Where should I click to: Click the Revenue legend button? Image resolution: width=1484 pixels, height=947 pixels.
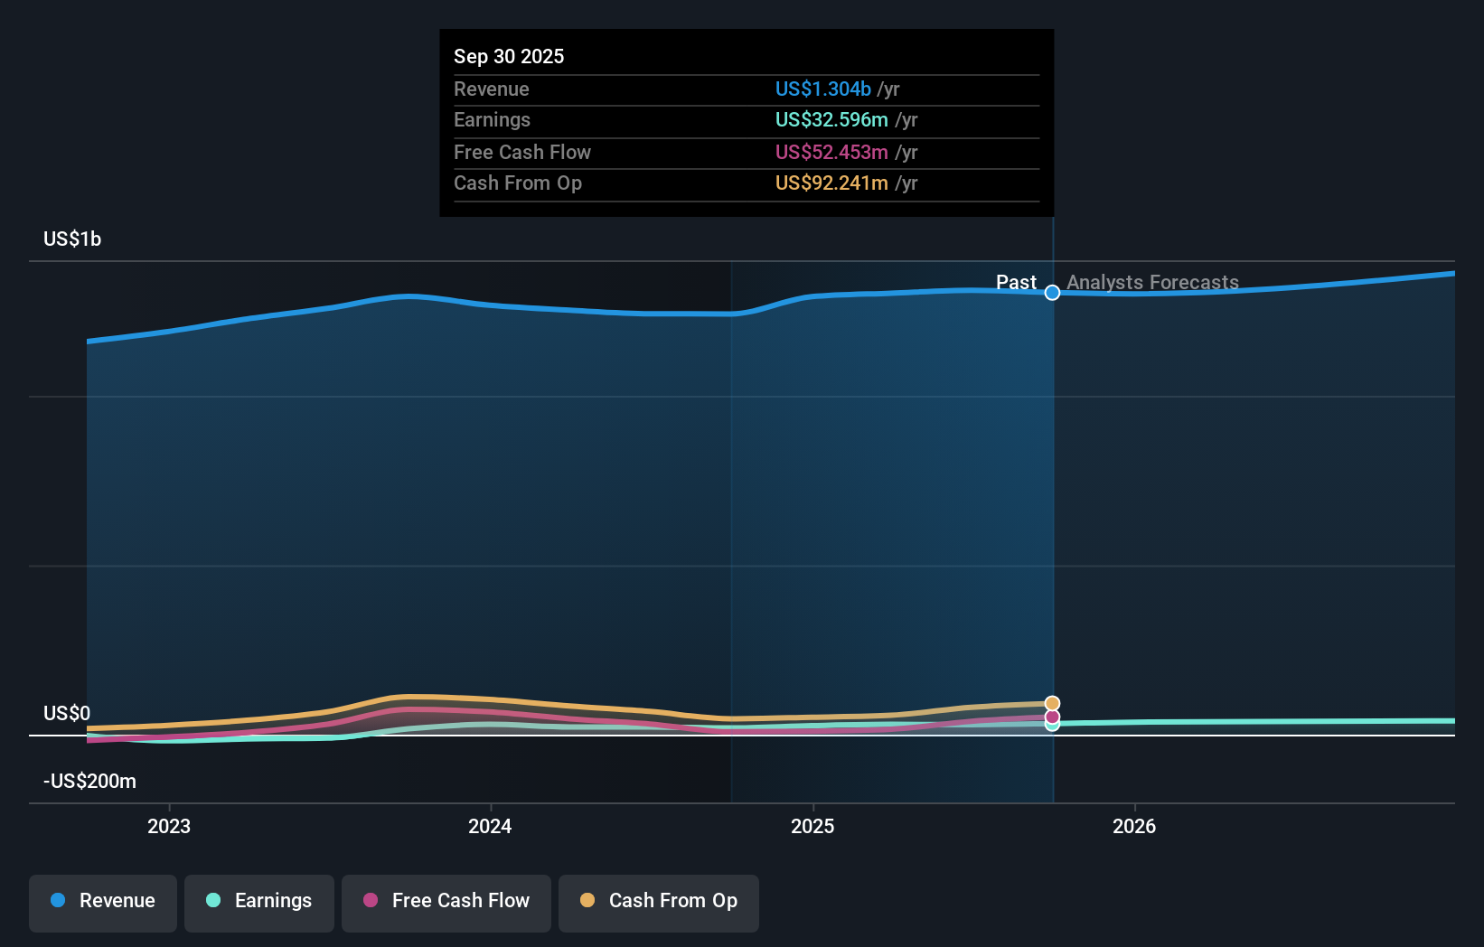coord(103,901)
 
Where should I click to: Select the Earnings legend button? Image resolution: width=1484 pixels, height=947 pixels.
coord(259,901)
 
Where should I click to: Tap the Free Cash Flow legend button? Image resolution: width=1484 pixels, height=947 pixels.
coord(446,901)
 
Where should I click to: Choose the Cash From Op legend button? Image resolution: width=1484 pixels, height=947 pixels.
coord(659,901)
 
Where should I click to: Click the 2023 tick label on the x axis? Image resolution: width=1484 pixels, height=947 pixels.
coord(169,826)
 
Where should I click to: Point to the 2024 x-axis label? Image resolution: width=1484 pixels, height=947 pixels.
coord(490,826)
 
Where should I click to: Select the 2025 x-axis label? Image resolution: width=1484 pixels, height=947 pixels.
coord(812,826)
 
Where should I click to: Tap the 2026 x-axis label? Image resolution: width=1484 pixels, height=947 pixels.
coord(1134,826)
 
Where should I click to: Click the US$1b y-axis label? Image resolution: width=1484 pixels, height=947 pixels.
coord(72,239)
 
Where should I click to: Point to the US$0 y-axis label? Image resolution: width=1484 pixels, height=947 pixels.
coord(67,713)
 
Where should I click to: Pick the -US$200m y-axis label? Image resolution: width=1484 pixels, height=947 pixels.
coord(89,781)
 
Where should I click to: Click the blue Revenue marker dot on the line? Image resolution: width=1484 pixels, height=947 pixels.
coord(1052,293)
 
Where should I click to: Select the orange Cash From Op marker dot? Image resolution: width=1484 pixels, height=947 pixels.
coord(1052,703)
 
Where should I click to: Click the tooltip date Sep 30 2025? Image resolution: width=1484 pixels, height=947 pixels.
coord(509,56)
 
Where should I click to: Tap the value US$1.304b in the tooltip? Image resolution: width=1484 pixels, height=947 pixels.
coord(822,89)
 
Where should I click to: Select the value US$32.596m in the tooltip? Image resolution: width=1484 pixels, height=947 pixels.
coord(831,119)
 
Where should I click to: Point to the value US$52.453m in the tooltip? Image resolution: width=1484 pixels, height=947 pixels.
coord(831,152)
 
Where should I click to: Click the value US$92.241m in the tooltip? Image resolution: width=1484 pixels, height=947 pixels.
coord(831,183)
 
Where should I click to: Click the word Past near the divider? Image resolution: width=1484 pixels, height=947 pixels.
coord(1016,282)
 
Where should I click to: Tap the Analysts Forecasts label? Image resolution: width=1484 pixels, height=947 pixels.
coord(1152,282)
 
